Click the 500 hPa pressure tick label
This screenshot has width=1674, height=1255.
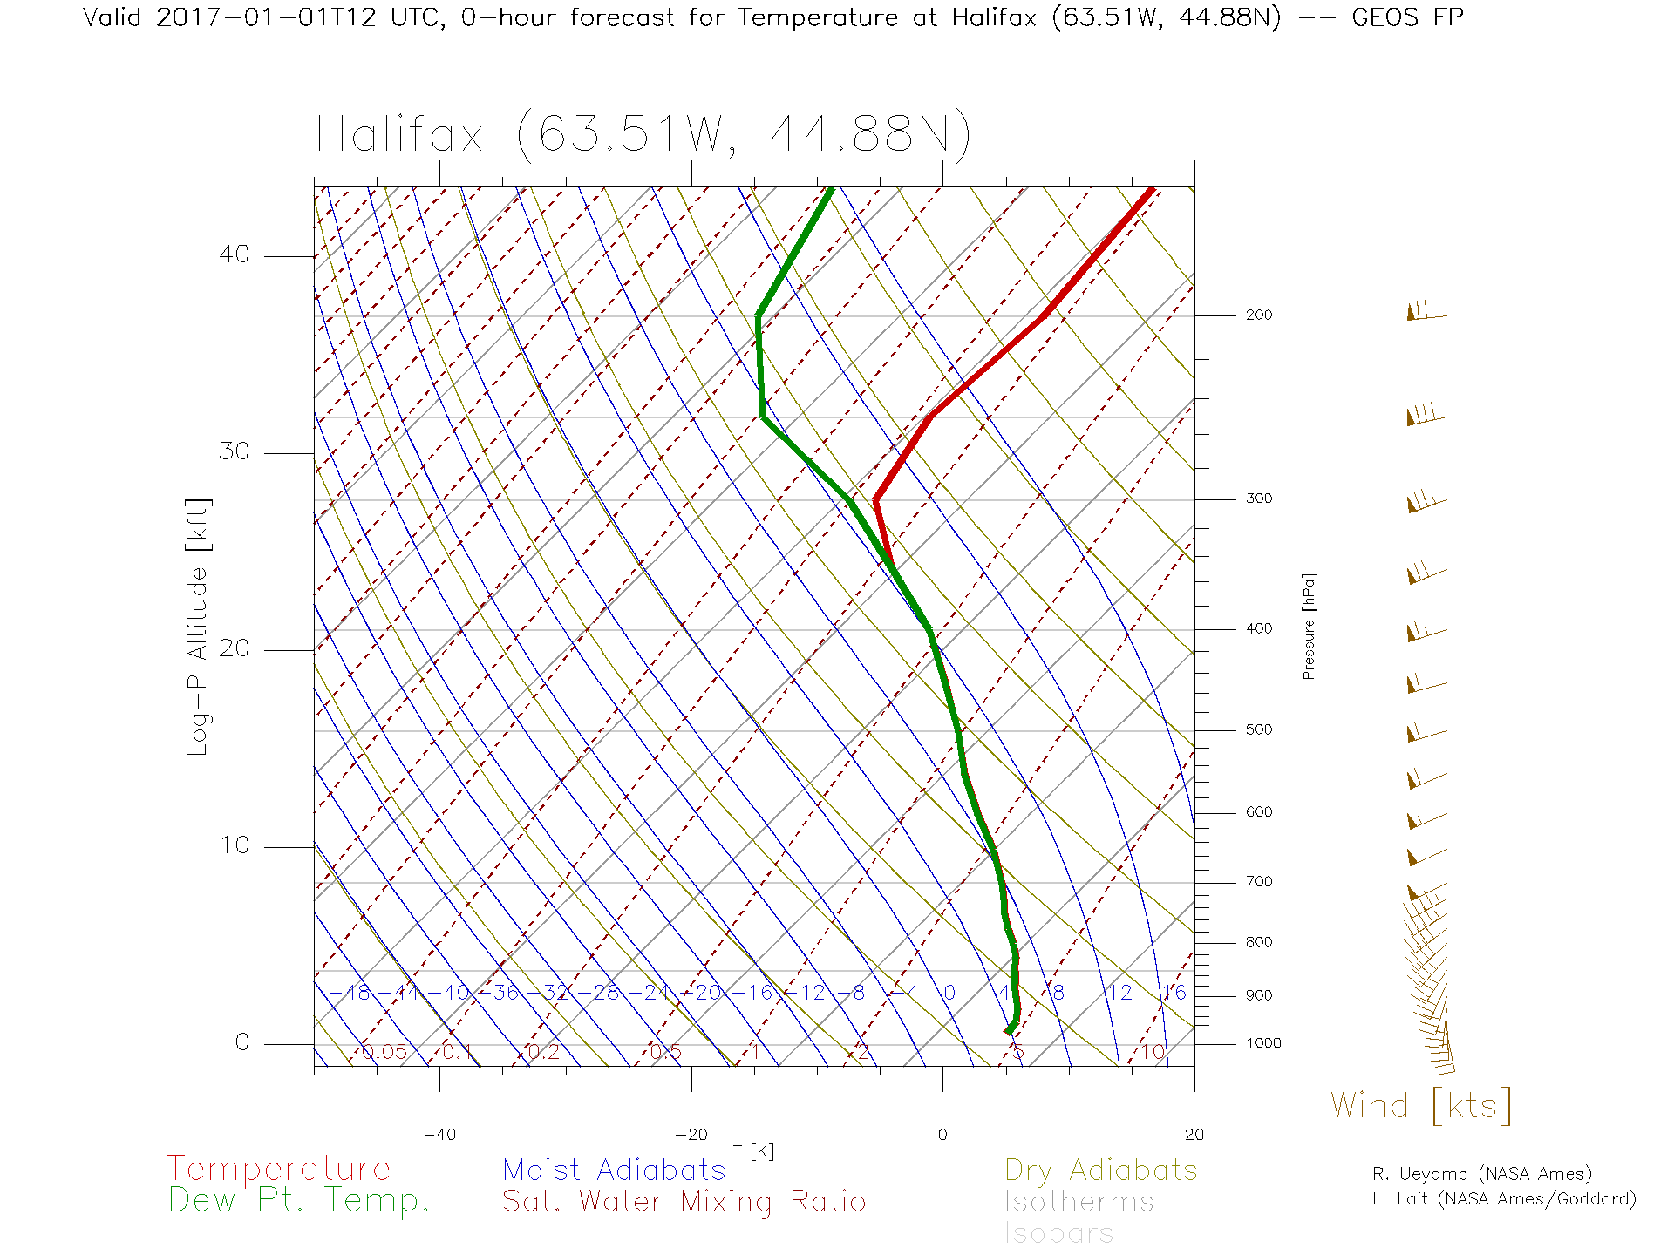(1258, 729)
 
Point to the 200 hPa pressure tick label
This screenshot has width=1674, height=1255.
(1258, 315)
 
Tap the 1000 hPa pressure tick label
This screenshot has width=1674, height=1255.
(1263, 1043)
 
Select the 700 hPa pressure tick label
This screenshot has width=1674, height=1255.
(1258, 882)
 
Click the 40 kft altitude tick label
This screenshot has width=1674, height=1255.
(234, 254)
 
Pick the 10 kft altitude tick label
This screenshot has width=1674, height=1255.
(234, 845)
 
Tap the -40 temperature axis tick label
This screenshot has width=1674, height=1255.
(439, 1135)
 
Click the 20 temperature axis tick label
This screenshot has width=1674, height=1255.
(1194, 1135)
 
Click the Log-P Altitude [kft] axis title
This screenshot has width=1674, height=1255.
(199, 627)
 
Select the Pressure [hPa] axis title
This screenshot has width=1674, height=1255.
(1309, 626)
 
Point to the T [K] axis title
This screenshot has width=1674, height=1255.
(753, 1152)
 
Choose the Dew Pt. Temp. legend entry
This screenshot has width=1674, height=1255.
(299, 1201)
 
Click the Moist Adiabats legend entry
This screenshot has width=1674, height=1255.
(614, 1170)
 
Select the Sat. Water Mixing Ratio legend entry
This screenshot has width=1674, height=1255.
(684, 1202)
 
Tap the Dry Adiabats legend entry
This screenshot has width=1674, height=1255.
(1100, 1170)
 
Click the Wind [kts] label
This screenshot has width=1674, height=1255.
(1420, 1106)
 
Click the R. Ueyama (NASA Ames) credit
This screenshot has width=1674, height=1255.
(1481, 1174)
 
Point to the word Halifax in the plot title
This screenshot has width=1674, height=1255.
(399, 135)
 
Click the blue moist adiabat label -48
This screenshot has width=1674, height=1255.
(357, 993)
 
